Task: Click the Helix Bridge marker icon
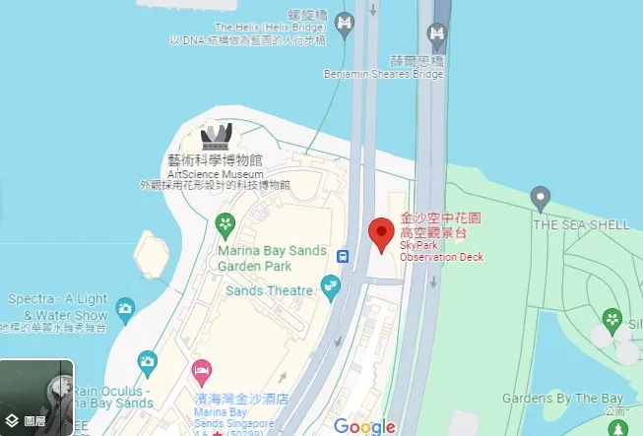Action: pos(344,24)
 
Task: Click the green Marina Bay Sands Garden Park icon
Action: pos(225,224)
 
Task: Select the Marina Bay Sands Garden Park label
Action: pos(271,259)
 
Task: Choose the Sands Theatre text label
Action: pos(269,291)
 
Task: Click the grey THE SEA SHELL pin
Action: pos(540,199)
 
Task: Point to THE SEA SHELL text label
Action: pos(580,224)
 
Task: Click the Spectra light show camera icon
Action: pos(125,309)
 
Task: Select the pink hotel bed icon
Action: pos(202,372)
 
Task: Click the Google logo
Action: pos(363,426)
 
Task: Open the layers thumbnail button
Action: pos(36,398)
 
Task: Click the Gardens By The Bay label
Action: pos(564,399)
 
